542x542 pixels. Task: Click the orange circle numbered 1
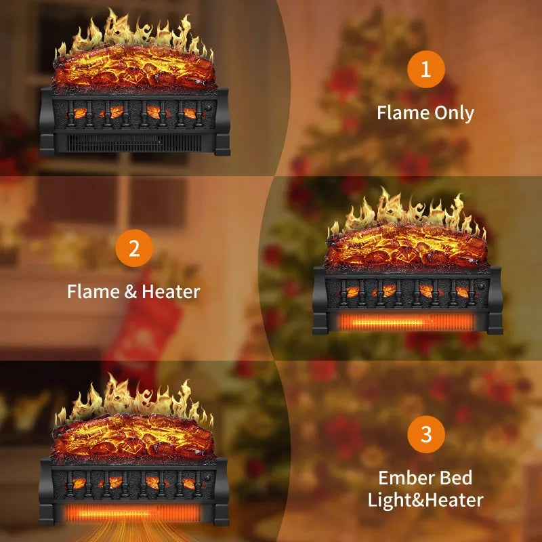pos(425,69)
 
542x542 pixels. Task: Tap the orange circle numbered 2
pos(133,249)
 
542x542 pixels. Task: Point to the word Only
pos(453,112)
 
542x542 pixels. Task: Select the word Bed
pos(456,478)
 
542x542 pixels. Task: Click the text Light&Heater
pos(425,501)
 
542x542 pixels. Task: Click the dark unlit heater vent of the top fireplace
pos(135,142)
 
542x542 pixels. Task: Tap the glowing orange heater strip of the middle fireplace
pos(406,321)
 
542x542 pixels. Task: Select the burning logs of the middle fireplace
pos(406,245)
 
